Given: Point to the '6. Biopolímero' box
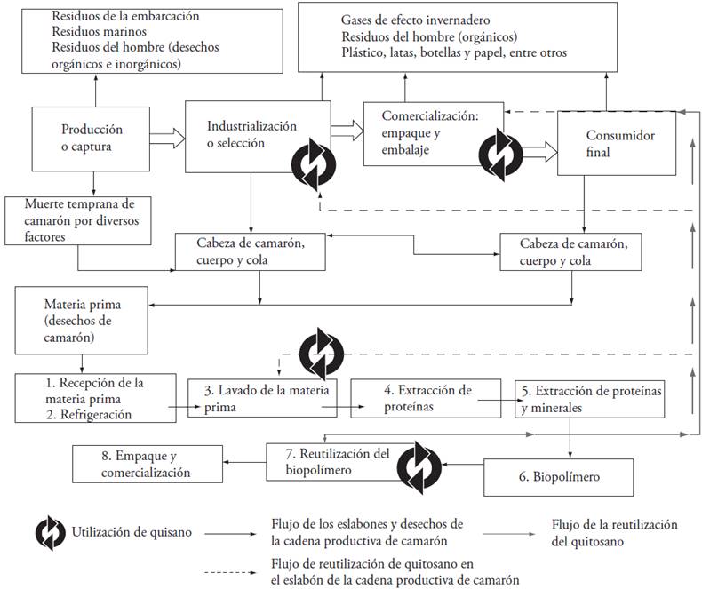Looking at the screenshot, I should (558, 477).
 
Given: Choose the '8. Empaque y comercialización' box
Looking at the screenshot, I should (146, 466).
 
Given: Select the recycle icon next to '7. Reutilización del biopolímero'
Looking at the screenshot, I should (419, 464).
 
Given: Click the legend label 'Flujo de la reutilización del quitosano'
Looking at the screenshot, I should (614, 531).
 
